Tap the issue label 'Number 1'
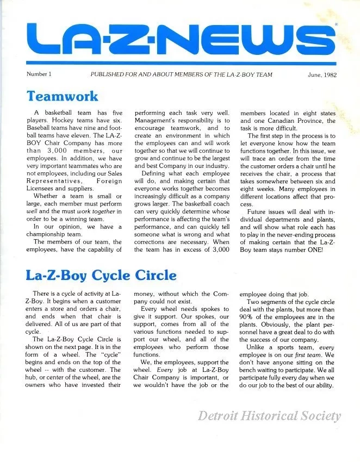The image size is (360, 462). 38,74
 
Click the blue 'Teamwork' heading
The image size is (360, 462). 63,96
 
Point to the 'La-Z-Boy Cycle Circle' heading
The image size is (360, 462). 101,274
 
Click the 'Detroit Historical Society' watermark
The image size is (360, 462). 269,416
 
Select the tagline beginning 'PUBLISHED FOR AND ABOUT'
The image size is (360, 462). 181,74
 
